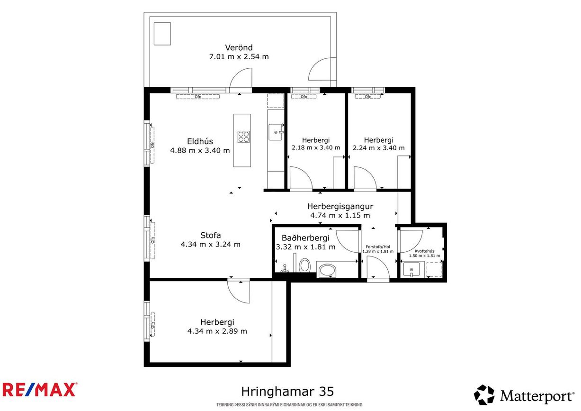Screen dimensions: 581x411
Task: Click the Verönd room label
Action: pos(239,47)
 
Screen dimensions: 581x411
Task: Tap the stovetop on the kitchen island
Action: pos(243,137)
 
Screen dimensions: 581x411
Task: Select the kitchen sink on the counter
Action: pos(276,132)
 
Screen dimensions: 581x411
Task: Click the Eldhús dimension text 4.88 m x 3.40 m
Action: pos(200,150)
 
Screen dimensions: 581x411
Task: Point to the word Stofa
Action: pos(210,235)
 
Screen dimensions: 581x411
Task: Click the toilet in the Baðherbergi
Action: pos(305,265)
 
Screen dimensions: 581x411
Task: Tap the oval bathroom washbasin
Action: pos(327,271)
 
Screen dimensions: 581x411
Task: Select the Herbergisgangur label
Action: pos(340,206)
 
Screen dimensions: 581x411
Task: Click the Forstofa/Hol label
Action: pos(378,247)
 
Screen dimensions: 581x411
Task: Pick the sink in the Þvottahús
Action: pos(411,270)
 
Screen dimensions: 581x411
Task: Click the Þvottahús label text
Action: pos(424,251)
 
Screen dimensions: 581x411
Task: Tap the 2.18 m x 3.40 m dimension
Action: pos(316,148)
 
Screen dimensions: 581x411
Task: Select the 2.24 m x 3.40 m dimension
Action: pos(378,148)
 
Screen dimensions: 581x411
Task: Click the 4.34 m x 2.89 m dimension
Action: pos(217,331)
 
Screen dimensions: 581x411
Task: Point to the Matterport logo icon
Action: pos(484,395)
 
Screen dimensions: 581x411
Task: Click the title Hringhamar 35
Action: pos(287,392)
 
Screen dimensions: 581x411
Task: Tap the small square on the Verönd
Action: pos(162,34)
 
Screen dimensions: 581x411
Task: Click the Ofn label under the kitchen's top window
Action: pos(198,97)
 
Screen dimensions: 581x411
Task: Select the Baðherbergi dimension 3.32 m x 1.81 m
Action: pos(305,247)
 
